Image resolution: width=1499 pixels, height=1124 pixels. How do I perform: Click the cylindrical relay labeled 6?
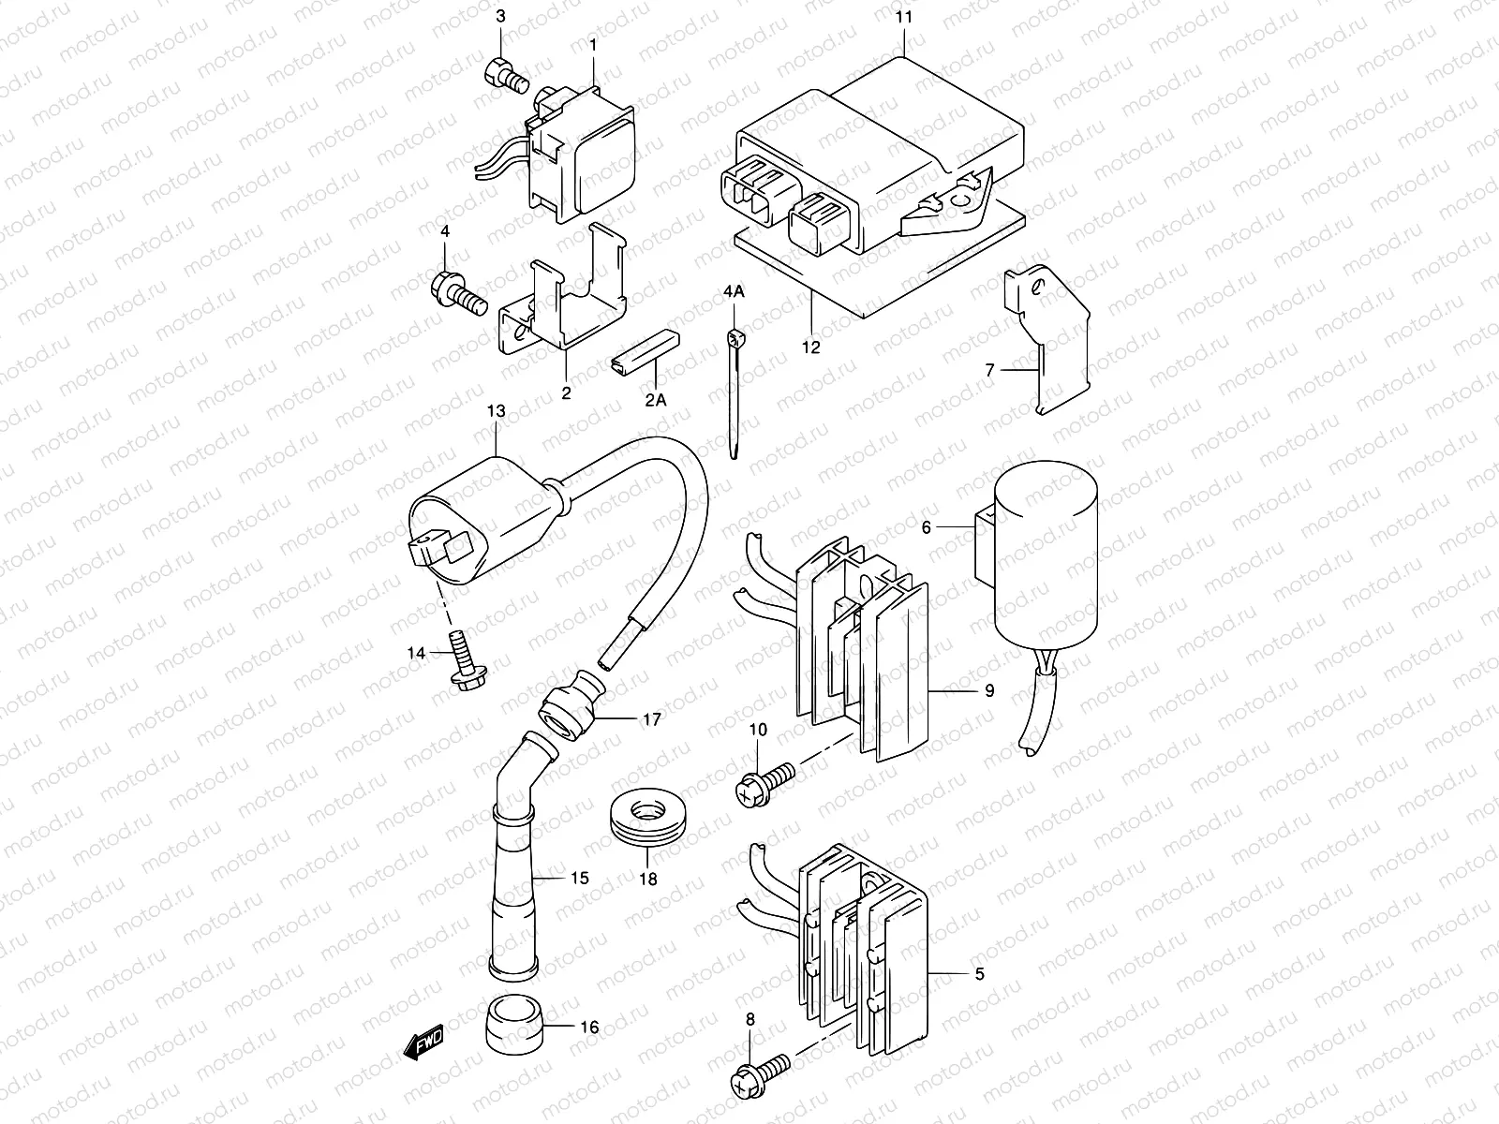coord(1045,562)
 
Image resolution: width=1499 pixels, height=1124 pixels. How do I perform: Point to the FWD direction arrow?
coord(424,1042)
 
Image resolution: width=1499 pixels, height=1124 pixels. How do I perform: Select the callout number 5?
coord(979,974)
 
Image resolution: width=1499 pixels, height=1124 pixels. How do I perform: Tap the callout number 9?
coord(989,692)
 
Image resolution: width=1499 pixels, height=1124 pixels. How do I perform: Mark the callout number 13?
coord(496,411)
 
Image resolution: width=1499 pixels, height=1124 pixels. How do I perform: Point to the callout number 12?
coord(811,348)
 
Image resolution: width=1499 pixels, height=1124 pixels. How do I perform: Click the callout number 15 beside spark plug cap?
coord(580,878)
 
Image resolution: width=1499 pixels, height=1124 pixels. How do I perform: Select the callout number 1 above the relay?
coord(593,18)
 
